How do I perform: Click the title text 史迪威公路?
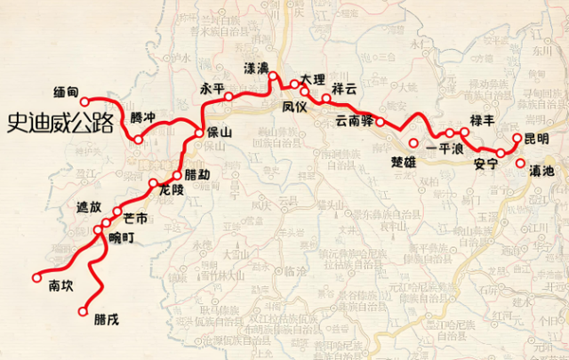point(60,123)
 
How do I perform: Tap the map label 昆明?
point(537,140)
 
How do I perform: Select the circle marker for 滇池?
point(521,164)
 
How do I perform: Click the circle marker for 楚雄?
point(413,144)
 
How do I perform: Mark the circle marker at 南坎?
point(36,277)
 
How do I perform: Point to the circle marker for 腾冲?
point(139,140)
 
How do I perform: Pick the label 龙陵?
point(171,189)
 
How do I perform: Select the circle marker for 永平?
point(228,96)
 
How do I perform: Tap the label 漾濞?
point(257,68)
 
